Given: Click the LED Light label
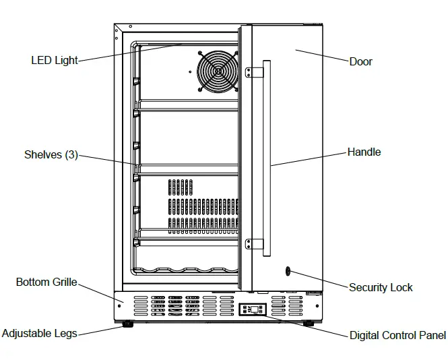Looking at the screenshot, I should click(x=55, y=61).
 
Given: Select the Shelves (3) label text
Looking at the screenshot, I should click(x=51, y=155).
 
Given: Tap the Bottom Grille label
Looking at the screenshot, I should click(x=46, y=282).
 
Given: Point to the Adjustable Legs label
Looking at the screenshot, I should click(x=39, y=333).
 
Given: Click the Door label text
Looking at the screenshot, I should click(x=360, y=62).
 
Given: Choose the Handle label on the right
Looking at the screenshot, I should click(x=364, y=152).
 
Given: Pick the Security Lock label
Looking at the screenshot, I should click(x=381, y=287).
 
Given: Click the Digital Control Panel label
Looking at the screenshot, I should click(x=397, y=335).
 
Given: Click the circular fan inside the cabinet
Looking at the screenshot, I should click(x=216, y=69).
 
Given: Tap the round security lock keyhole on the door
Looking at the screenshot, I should click(x=288, y=271).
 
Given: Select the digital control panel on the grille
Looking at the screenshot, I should click(x=252, y=310).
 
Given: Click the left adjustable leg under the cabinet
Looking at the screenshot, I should click(x=127, y=324).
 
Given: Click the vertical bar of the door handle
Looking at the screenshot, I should click(x=266, y=158).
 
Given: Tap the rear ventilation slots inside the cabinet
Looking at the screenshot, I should click(x=201, y=206).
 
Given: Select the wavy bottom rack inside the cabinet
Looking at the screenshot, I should click(x=185, y=271).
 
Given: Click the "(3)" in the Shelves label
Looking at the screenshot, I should click(x=71, y=155).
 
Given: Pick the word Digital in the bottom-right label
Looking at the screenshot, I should click(x=364, y=335).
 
